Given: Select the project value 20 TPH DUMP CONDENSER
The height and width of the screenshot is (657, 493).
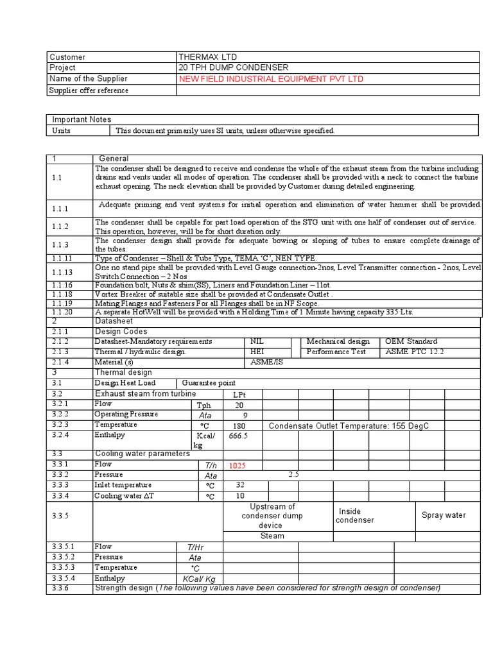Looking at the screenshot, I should tap(234, 68).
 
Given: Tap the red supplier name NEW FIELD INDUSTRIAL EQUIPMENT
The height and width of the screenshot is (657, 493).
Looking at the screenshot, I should tap(271, 79).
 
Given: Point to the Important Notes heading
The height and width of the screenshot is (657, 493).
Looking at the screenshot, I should tap(82, 119).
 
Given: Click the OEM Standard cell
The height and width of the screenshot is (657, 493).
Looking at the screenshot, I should tap(411, 341).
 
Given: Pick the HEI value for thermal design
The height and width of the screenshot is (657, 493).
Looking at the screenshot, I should tap(257, 352).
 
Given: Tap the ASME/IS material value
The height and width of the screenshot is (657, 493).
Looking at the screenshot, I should tap(266, 362).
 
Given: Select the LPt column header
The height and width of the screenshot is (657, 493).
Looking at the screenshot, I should tap(239, 394).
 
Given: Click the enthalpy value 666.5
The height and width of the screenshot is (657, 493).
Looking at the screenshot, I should tap(238, 436).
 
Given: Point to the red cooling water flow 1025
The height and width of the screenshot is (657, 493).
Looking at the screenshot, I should tap(238, 465).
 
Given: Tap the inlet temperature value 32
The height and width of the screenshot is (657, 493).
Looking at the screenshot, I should tap(239, 486).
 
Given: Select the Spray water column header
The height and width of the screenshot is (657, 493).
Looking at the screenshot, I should tap(444, 515).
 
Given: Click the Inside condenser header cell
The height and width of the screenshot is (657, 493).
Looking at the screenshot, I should tap(355, 515).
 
